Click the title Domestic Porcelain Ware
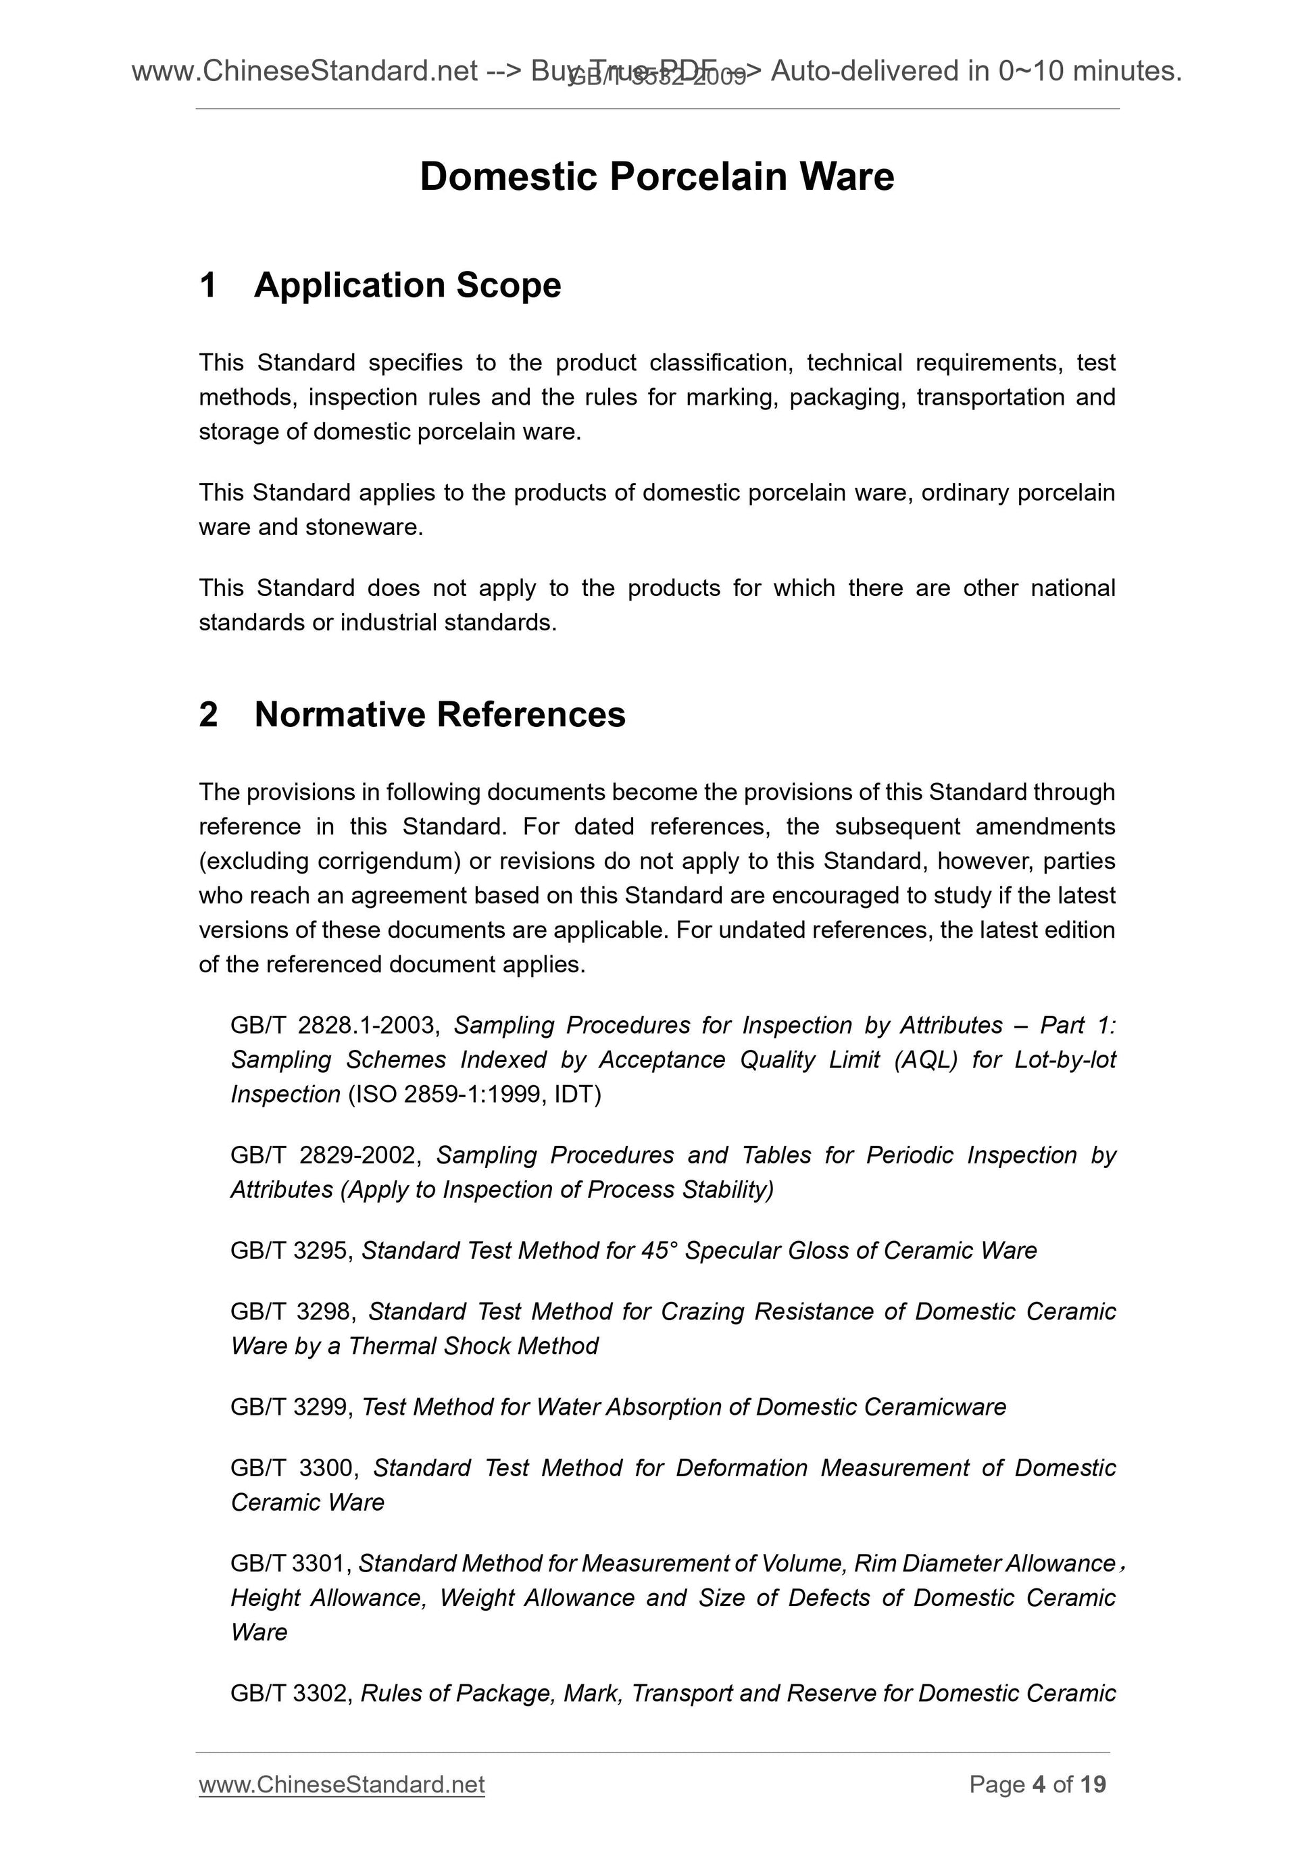[656, 176]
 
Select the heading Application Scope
[407, 285]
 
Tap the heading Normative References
[439, 715]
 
